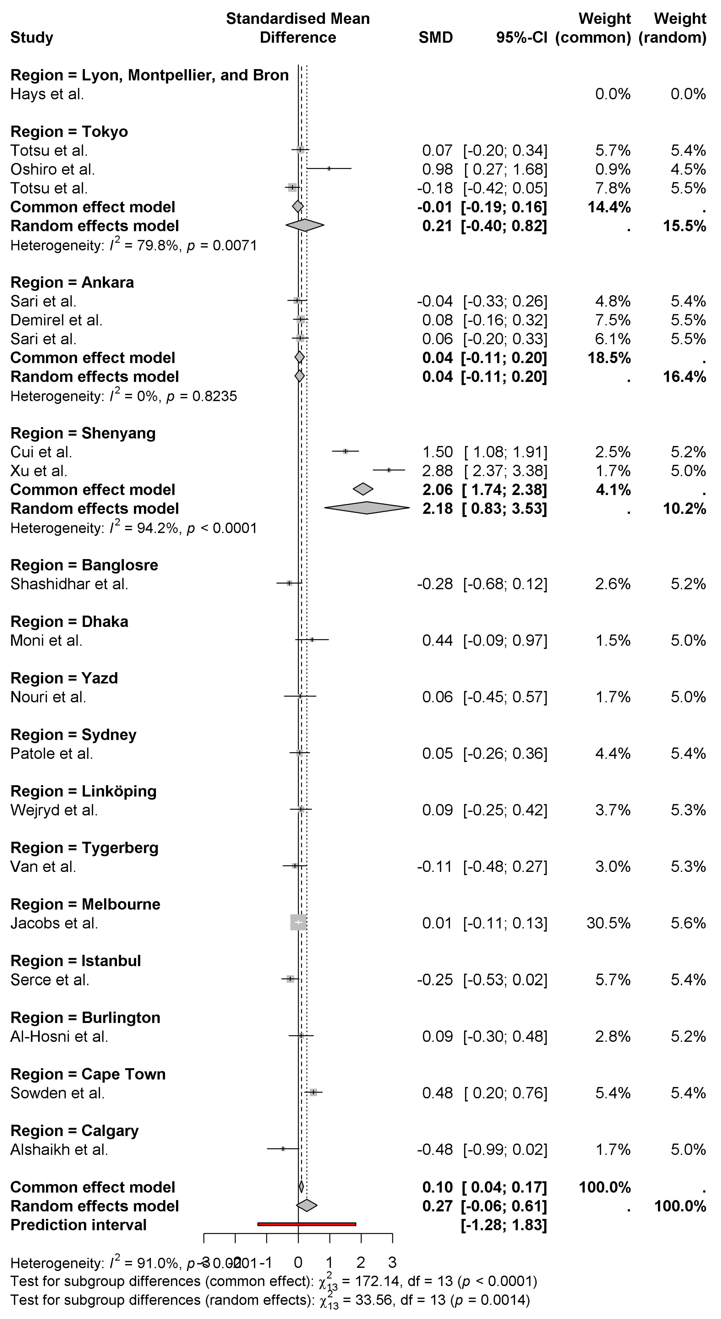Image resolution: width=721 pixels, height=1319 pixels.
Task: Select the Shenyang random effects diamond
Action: [x=367, y=508]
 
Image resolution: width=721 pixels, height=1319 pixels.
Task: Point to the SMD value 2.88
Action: [x=437, y=471]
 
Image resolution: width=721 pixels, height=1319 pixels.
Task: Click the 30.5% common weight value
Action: [x=608, y=923]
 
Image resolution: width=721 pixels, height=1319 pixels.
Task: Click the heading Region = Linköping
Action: [x=83, y=791]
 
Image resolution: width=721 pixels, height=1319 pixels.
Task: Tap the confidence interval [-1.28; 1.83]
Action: [x=504, y=1225]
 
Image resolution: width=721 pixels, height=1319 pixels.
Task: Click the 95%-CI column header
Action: [x=521, y=37]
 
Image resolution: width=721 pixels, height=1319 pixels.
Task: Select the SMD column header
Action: [x=435, y=37]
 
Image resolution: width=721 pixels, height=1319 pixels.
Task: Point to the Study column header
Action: [x=32, y=37]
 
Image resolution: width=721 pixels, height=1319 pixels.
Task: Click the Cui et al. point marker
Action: [x=345, y=451]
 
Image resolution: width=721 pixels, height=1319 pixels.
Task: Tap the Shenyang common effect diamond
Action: [x=363, y=489]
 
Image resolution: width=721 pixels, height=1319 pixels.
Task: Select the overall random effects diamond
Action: [x=307, y=1205]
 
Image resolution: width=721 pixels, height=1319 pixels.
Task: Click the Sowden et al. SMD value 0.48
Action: [x=437, y=1093]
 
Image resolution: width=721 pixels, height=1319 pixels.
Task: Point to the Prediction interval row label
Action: [x=78, y=1225]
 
